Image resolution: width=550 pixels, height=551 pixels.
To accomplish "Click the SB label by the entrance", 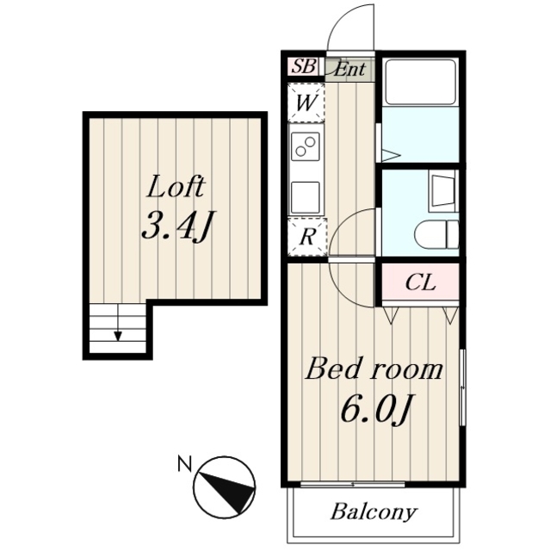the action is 304,65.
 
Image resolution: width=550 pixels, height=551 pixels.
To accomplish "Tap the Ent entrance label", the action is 349,69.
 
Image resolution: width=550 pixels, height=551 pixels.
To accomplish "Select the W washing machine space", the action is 306,103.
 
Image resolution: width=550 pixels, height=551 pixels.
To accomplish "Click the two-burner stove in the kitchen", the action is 306,146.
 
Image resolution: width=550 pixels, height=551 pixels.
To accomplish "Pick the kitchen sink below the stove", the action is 306,197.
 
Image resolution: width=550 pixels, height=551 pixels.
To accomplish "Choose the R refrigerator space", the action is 307,237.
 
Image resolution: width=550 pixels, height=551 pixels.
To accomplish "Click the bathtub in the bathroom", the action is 420,82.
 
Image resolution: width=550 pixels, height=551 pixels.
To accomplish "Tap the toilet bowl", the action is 436,234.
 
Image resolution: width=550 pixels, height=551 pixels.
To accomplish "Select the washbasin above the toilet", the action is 443,191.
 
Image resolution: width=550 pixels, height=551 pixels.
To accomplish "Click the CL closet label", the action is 420,282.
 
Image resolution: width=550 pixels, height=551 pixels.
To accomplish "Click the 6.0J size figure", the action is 375,408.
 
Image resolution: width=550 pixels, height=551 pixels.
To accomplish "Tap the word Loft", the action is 176,187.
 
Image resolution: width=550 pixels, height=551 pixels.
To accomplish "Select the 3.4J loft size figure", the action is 177,226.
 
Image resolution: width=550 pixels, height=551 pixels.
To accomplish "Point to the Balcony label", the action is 374,512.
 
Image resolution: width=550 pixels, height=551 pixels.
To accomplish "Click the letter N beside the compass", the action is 185,463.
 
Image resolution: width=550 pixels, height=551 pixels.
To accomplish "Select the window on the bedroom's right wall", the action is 462,387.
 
